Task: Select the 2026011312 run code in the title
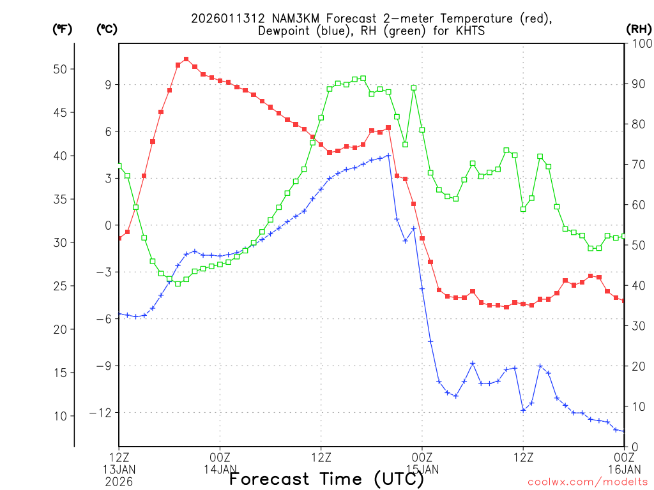coord(222,19)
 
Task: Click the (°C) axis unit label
coord(106,29)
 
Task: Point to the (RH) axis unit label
coord(637,29)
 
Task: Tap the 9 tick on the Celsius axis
coord(108,85)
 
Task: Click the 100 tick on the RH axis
coord(639,43)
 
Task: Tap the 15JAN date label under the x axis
coord(422,470)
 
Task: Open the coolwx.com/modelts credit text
coord(588,482)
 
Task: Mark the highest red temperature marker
coord(186,59)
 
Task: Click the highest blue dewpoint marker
coord(388,155)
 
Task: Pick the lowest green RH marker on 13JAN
coord(178,283)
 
